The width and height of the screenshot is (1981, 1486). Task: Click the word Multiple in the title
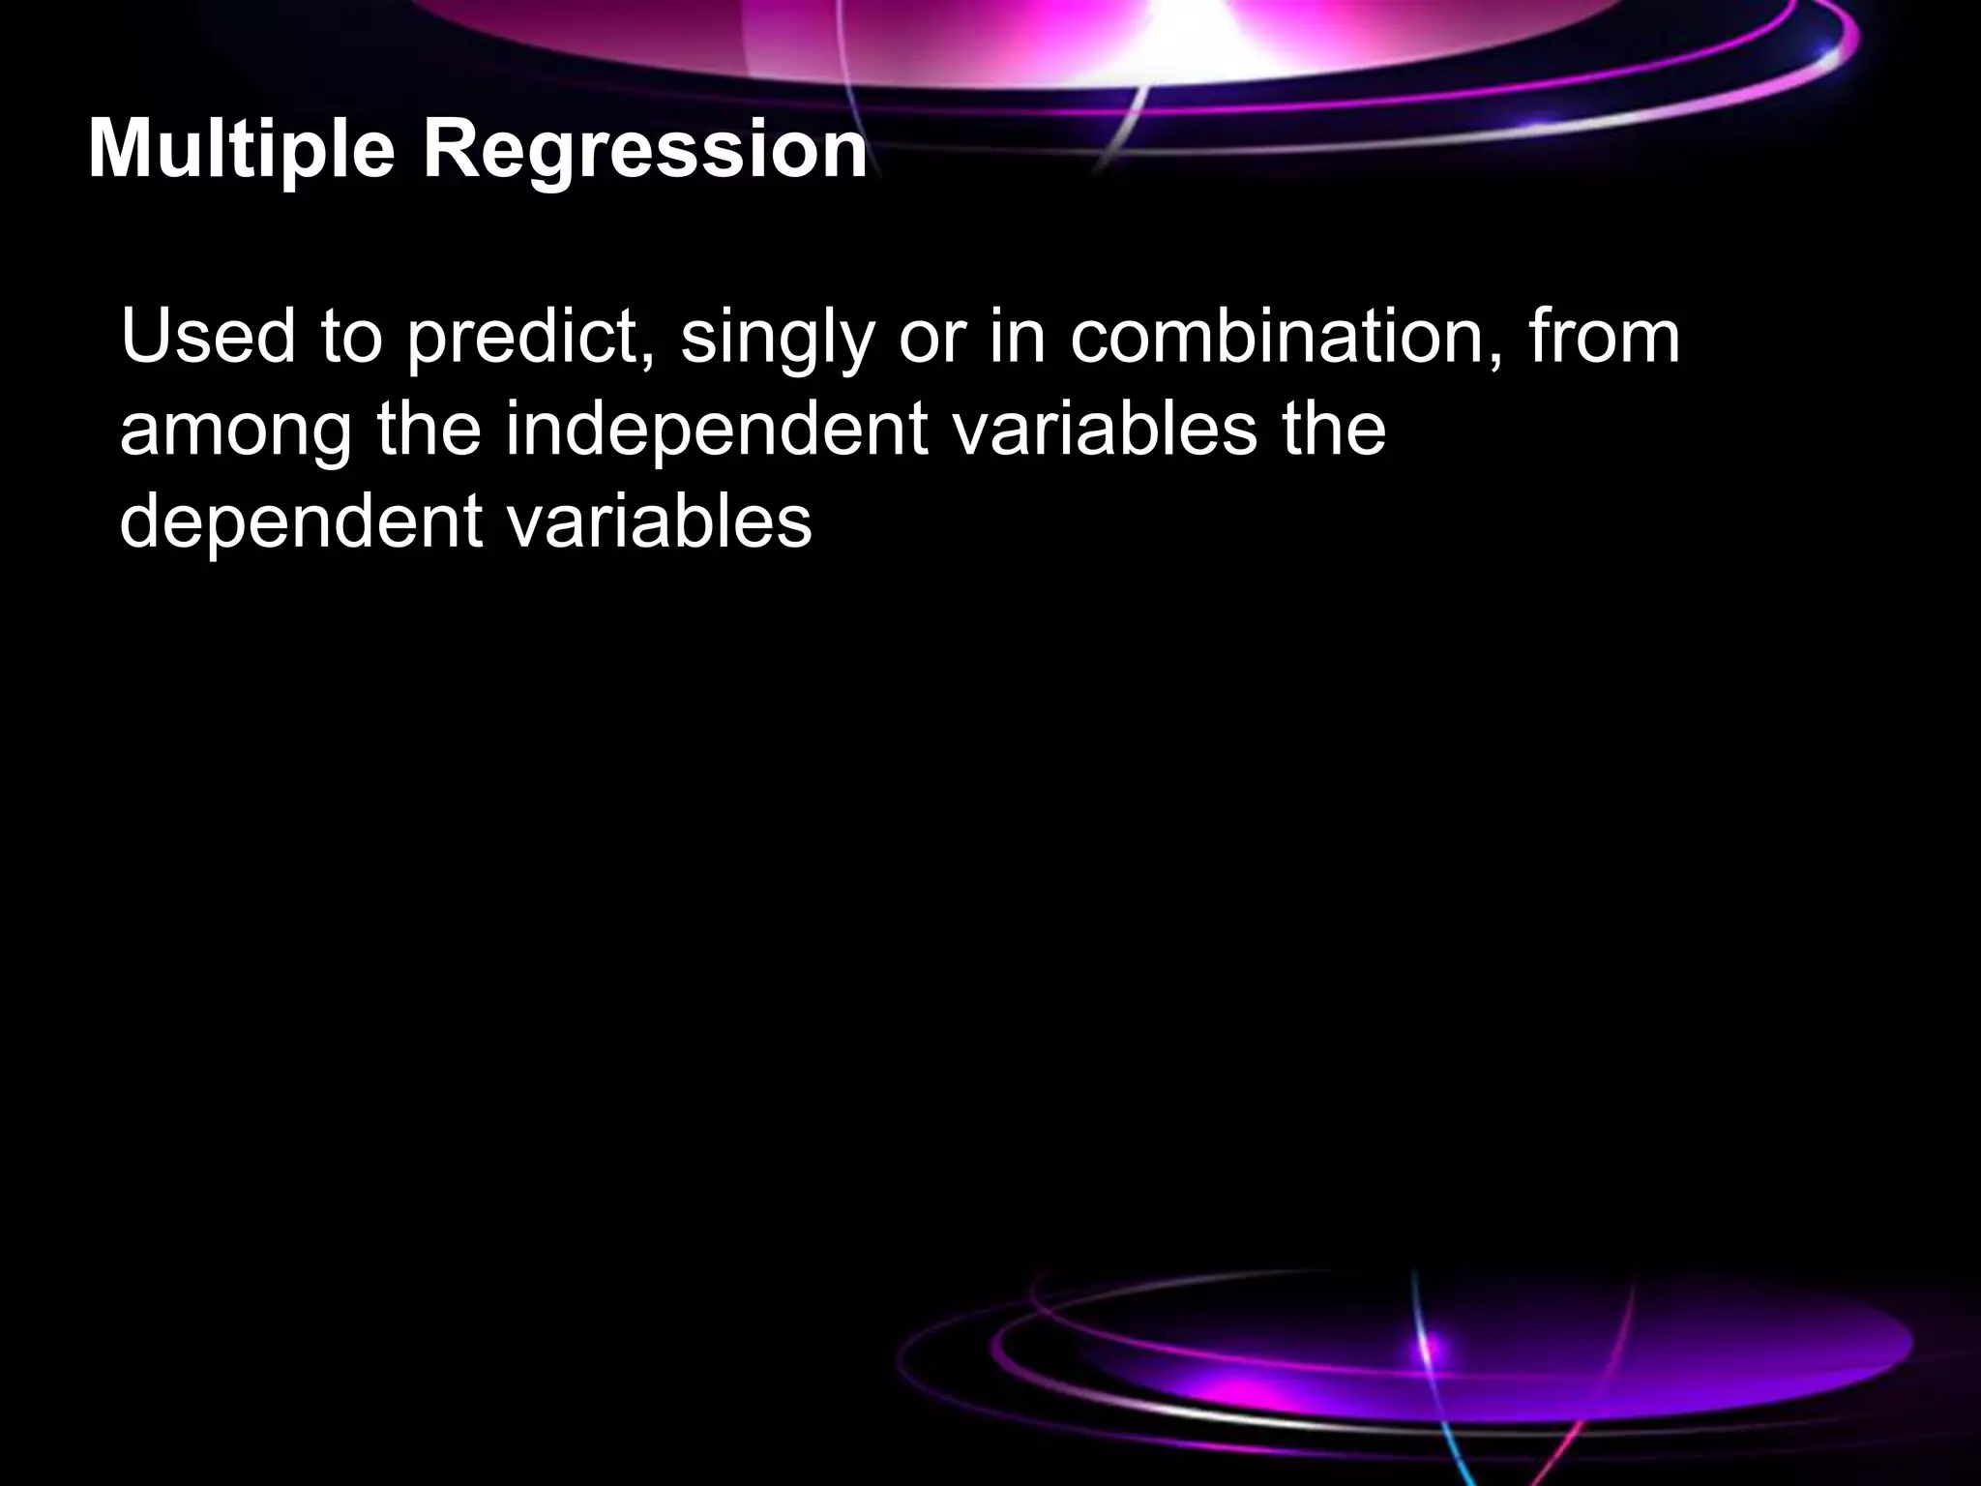click(x=241, y=152)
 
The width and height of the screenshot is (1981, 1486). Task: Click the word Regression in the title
click(x=644, y=152)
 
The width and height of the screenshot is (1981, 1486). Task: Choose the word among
click(x=236, y=431)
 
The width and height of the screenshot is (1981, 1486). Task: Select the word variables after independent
click(x=1103, y=430)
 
